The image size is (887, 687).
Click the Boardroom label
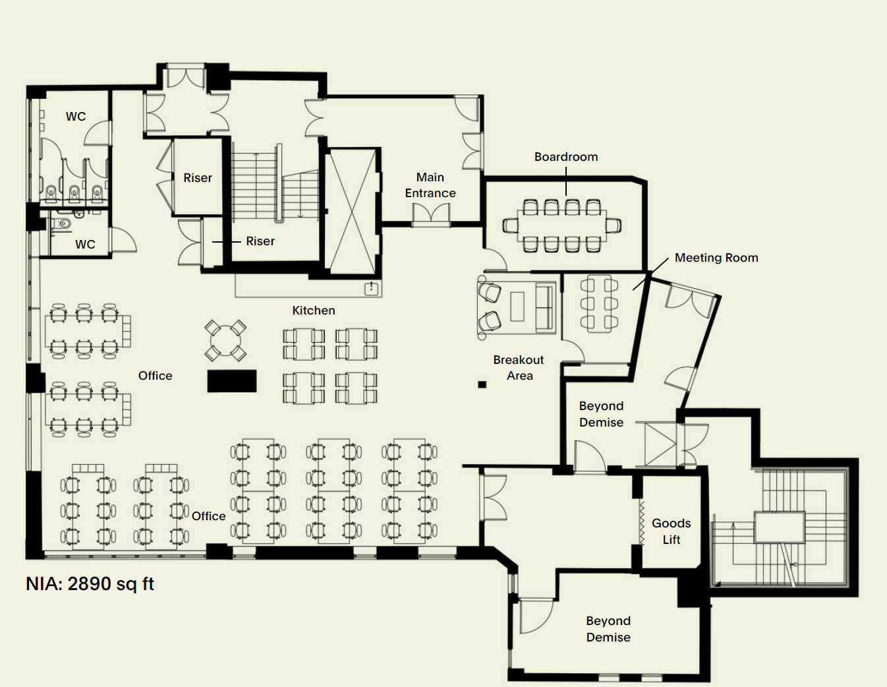[x=566, y=157]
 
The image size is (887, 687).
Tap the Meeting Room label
[x=716, y=258]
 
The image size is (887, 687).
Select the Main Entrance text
[x=430, y=185]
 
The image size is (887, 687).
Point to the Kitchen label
[x=314, y=311]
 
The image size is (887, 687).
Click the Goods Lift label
[x=671, y=531]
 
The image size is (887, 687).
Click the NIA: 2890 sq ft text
[x=90, y=583]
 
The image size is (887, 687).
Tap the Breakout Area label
[x=519, y=367]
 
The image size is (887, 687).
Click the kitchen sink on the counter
[x=371, y=289]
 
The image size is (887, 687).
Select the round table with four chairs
[x=225, y=340]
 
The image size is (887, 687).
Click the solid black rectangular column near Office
[x=232, y=381]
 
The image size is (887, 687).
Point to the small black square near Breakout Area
[x=482, y=384]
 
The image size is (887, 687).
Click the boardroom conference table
[x=561, y=225]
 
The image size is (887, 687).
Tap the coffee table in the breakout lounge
[x=517, y=306]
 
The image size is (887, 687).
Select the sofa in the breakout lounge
[x=545, y=307]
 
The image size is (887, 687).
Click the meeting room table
[x=599, y=304]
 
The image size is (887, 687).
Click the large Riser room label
[x=198, y=178]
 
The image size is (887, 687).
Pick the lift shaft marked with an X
[x=353, y=212]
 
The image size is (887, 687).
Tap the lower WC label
[x=85, y=244]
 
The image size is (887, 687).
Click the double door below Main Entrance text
[x=430, y=215]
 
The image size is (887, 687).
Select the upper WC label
[x=76, y=116]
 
